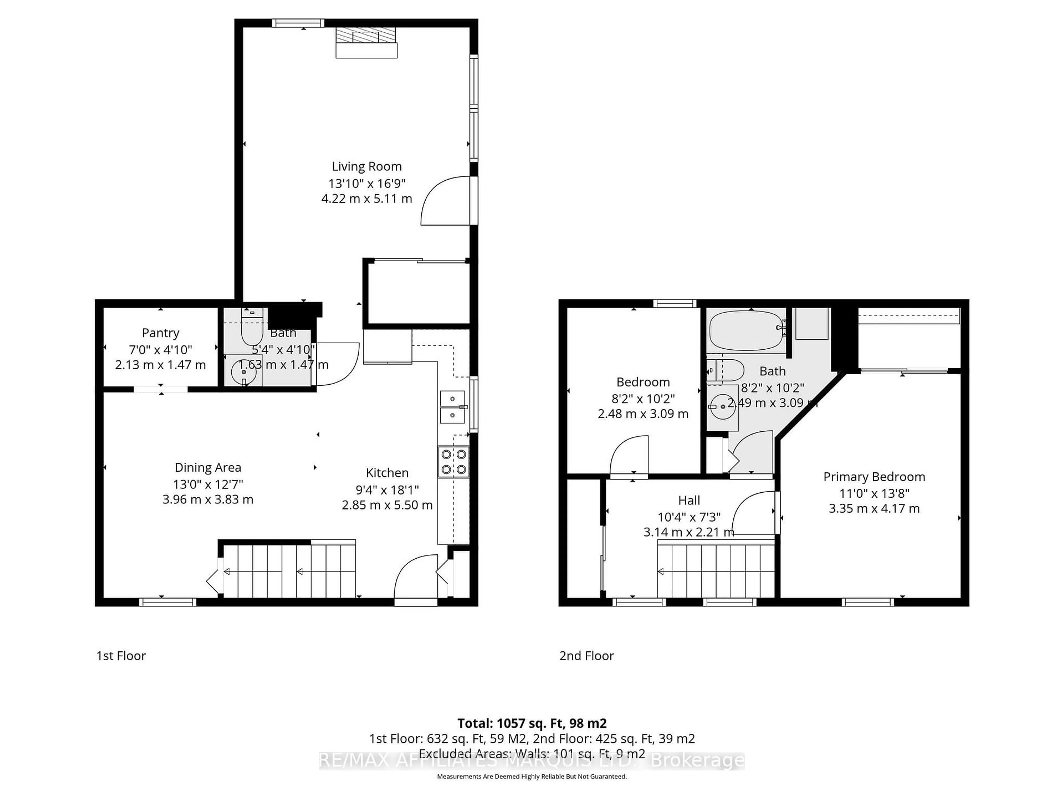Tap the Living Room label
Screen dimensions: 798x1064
(x=367, y=167)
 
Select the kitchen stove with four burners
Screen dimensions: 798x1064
(x=453, y=462)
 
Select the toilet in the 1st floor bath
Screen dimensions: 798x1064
(x=251, y=329)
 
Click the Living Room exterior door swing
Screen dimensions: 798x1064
(x=445, y=201)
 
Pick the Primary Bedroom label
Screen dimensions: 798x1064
(x=874, y=477)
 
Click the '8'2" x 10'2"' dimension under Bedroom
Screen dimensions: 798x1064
(x=643, y=398)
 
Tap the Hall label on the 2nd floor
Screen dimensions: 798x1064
(x=689, y=500)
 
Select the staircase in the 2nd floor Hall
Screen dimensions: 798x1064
(x=716, y=571)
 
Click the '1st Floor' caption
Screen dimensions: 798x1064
(x=121, y=656)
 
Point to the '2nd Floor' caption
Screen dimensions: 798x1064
(x=586, y=656)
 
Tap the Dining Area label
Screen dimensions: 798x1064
(x=208, y=467)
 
